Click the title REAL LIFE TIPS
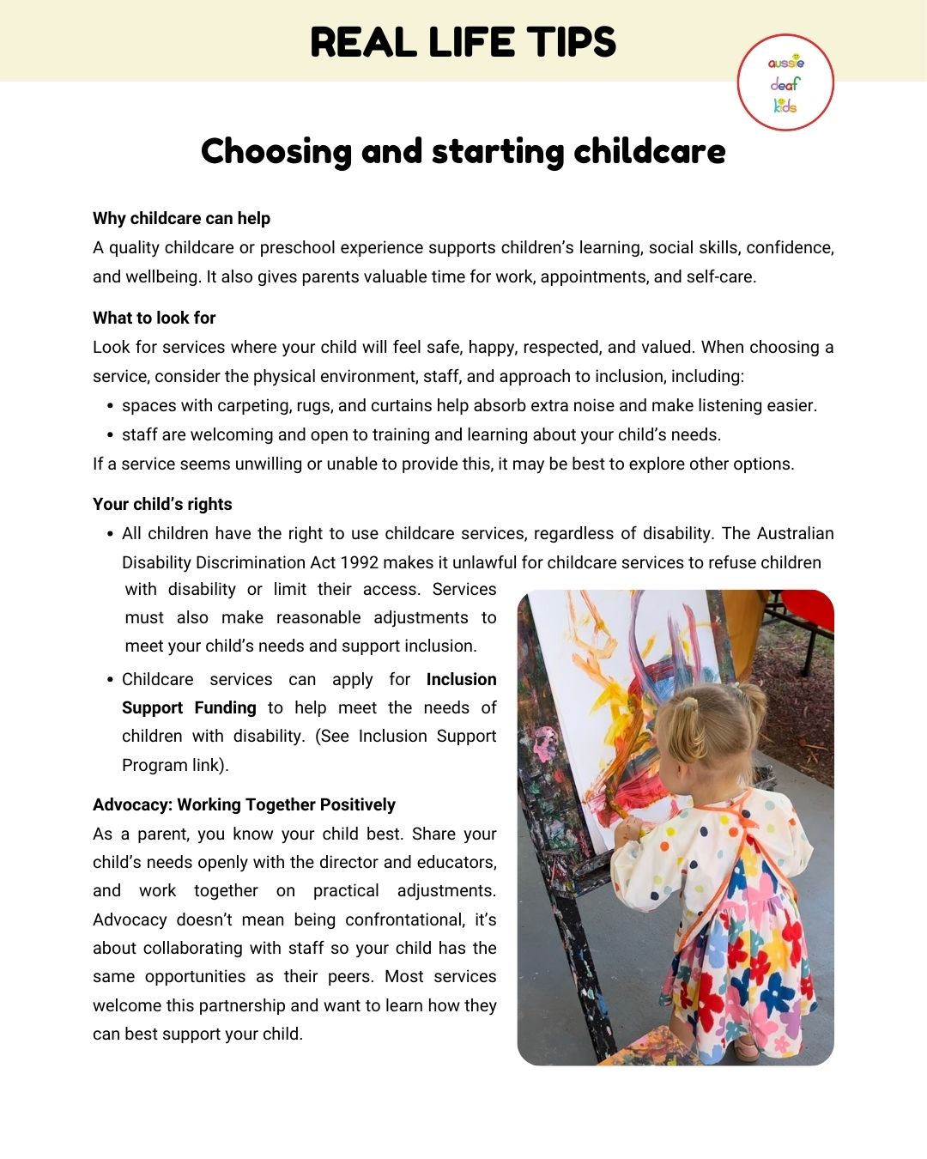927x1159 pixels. [463, 42]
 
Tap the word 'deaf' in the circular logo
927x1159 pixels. [785, 84]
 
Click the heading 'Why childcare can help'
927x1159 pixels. [181, 218]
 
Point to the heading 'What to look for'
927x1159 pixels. [154, 318]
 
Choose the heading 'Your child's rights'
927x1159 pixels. [162, 504]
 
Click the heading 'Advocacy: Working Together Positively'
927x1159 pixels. [244, 804]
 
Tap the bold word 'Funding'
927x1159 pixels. [225, 707]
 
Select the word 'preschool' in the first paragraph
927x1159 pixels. [297, 247]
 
